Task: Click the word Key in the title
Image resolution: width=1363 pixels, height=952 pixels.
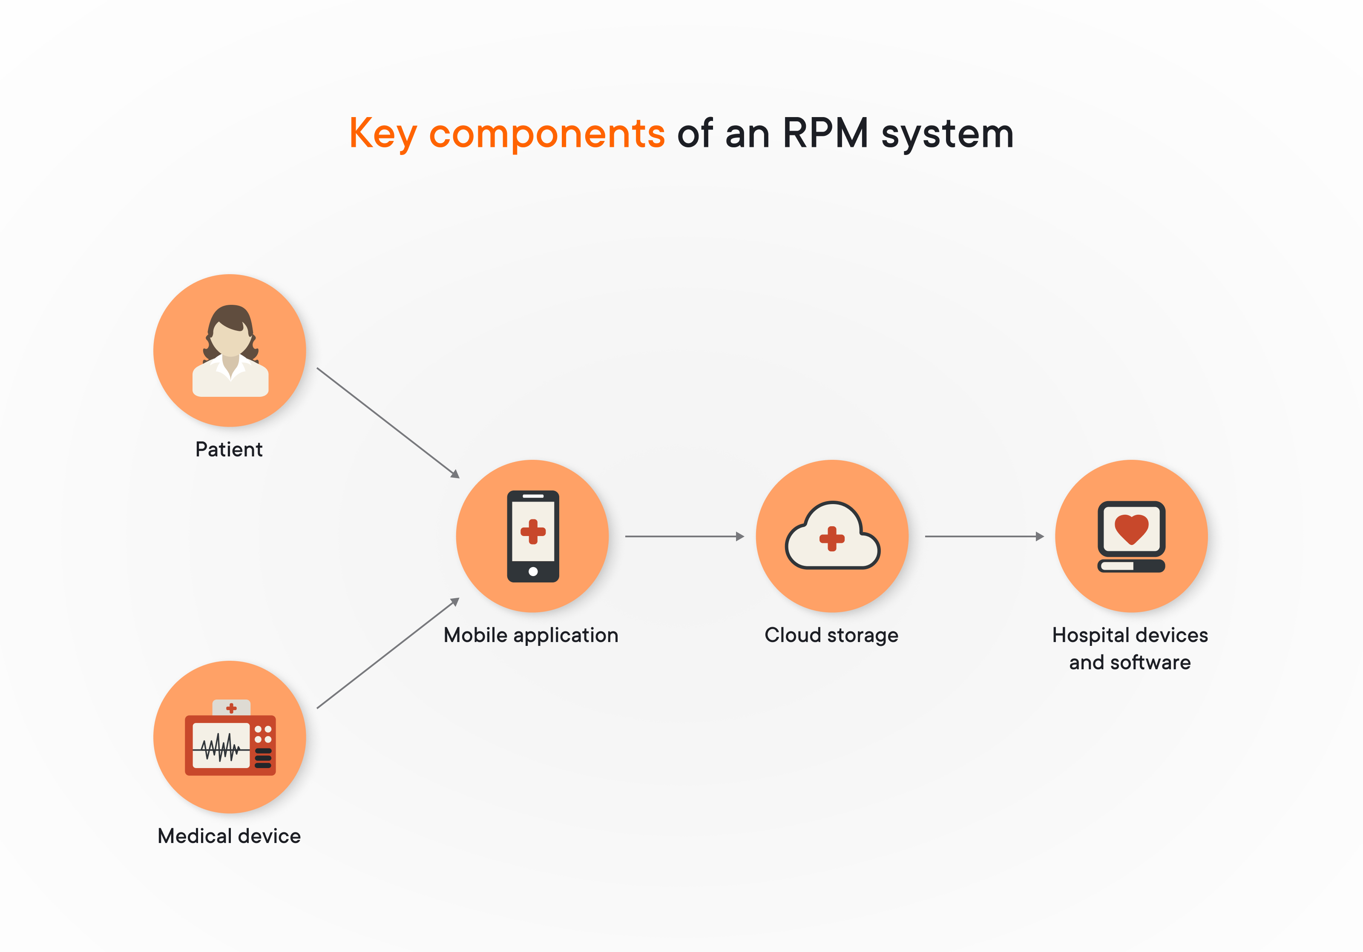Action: click(382, 134)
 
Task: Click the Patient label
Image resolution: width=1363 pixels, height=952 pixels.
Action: click(229, 449)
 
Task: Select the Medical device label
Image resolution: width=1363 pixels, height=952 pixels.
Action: click(229, 836)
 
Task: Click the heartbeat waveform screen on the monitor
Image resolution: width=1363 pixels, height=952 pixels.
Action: click(221, 746)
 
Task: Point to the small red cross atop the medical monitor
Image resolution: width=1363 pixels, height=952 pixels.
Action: click(232, 708)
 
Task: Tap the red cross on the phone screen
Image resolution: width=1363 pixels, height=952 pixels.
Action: click(533, 531)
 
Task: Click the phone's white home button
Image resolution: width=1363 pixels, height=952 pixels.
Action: click(533, 571)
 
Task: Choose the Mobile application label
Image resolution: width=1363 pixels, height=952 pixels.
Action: click(531, 635)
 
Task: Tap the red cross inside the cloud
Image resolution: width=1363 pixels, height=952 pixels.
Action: click(832, 538)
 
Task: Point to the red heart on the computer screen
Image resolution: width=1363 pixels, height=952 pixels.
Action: click(1131, 528)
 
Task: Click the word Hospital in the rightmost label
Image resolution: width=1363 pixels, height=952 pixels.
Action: click(1090, 635)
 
